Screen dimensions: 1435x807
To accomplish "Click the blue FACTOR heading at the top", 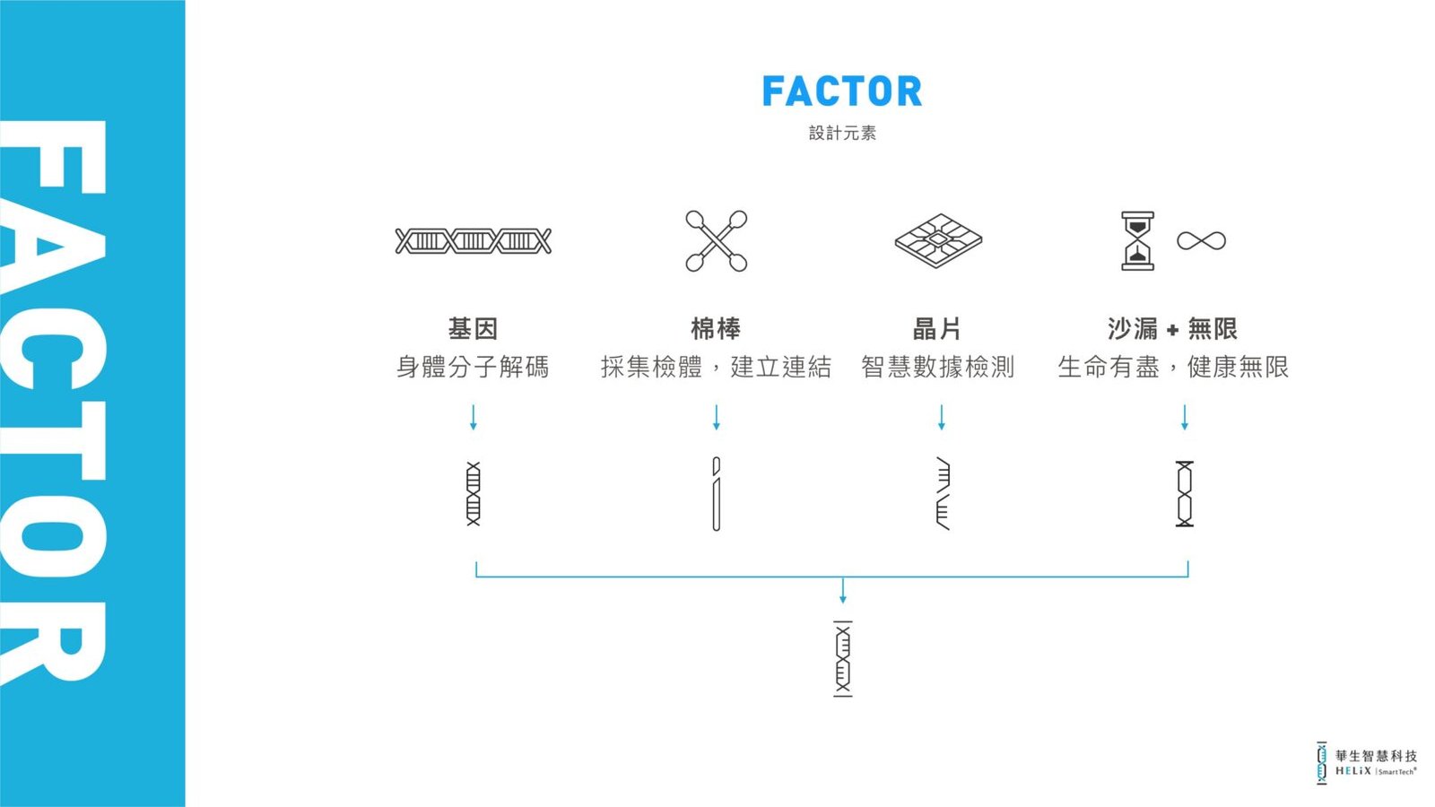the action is click(x=842, y=91).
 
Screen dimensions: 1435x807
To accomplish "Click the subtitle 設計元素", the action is click(x=842, y=133).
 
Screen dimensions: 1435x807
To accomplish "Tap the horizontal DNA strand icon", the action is click(x=473, y=241).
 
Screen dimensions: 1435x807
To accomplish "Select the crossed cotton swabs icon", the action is click(x=717, y=241).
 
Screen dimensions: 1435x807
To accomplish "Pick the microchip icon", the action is click(x=938, y=241).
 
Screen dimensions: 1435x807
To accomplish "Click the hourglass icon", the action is click(x=1137, y=241).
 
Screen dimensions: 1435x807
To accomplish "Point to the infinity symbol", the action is click(x=1201, y=241).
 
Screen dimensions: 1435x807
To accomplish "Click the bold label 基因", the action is click(x=473, y=328).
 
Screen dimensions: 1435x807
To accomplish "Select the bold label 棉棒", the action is click(x=716, y=328).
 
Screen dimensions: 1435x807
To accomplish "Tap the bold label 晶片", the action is click(x=937, y=328).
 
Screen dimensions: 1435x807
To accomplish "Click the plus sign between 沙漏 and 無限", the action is click(x=1172, y=330).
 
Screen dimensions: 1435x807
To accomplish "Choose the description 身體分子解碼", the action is click(x=473, y=367).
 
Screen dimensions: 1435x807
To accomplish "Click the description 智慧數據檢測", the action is click(x=937, y=367).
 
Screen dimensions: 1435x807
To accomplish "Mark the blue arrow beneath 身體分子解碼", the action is click(x=474, y=417).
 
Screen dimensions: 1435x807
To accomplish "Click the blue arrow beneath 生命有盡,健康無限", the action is click(x=1185, y=417).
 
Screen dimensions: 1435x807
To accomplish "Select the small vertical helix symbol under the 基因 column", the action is click(x=474, y=494).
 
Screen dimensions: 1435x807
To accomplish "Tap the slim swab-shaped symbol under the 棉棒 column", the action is click(x=717, y=494).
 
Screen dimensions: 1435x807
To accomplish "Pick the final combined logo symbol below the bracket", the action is click(x=842, y=658).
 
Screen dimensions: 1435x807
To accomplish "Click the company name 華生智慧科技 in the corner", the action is click(x=1376, y=756).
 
